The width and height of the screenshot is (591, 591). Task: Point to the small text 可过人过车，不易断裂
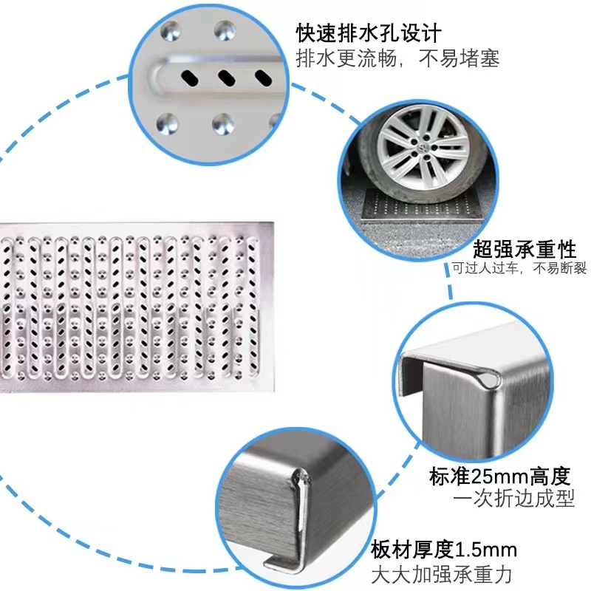[x=519, y=268]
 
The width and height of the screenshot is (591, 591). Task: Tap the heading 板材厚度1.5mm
[x=444, y=550]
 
